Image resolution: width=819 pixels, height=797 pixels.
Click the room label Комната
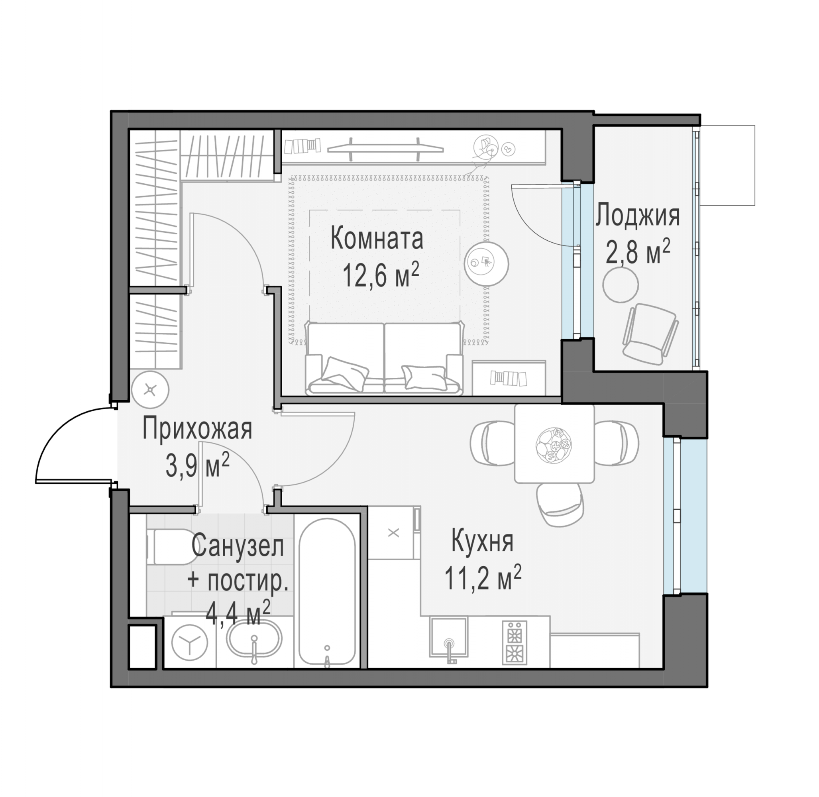point(377,238)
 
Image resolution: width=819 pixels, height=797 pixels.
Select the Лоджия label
point(638,216)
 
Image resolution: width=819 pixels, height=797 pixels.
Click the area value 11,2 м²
point(483,577)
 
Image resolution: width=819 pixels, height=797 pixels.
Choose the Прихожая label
point(197,430)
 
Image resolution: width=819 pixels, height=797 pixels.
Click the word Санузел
point(238,546)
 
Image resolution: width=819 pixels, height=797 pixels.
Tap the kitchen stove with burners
point(514,642)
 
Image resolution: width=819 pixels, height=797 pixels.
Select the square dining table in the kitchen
point(554,444)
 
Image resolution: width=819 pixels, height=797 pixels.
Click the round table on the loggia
point(621,285)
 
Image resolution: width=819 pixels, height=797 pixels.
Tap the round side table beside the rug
point(487,264)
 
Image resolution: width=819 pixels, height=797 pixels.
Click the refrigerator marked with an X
point(394,533)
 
